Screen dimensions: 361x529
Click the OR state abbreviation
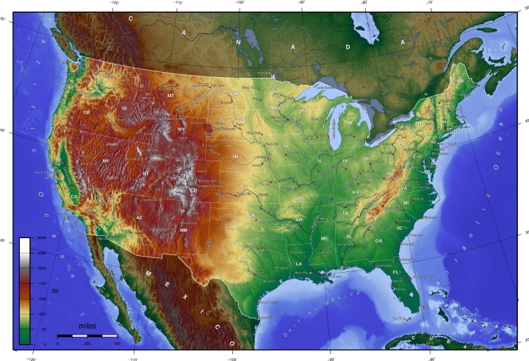click(x=87, y=112)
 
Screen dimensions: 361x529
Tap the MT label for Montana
click(x=170, y=96)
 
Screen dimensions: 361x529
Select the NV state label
click(x=105, y=160)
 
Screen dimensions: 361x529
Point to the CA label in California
click(x=74, y=196)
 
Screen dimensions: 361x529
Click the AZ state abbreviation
click(x=139, y=217)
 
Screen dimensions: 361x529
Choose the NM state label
click(x=183, y=230)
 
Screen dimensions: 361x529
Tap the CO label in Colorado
click(x=193, y=190)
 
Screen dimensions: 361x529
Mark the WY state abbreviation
click(x=181, y=129)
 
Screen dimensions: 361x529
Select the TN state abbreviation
click(x=345, y=213)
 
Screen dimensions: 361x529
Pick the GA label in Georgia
click(x=378, y=240)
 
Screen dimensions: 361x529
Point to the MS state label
click(x=324, y=239)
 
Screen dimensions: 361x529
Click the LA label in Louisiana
click(x=299, y=263)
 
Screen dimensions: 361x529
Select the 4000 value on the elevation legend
click(x=41, y=238)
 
